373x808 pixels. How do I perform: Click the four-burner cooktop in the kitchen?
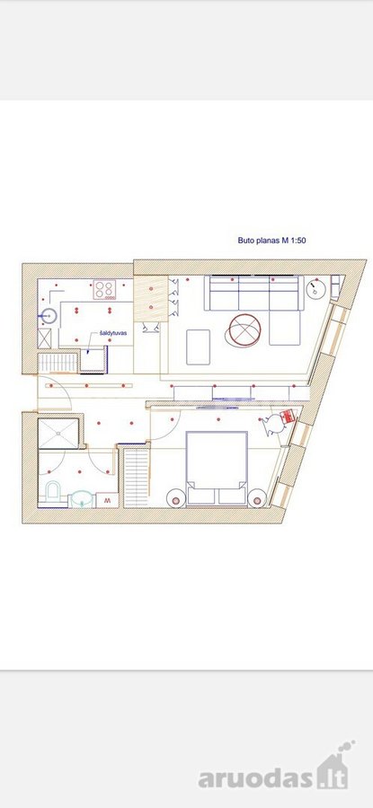[x=105, y=289]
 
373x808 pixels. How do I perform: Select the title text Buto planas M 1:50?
[x=272, y=240]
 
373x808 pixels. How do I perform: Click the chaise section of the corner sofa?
[x=284, y=328]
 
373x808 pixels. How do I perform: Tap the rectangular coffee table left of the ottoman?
[x=198, y=347]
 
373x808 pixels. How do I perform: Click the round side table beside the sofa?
[x=315, y=288]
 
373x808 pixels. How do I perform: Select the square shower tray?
[x=58, y=433]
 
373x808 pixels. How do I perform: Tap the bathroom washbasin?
[x=82, y=498]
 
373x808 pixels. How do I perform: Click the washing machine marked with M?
[x=107, y=500]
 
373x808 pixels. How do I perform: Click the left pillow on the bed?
[x=201, y=496]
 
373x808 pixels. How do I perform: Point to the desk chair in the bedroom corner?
[x=272, y=424]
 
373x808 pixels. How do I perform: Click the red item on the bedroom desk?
[x=287, y=417]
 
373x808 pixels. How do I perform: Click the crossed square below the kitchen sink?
[x=44, y=338]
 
